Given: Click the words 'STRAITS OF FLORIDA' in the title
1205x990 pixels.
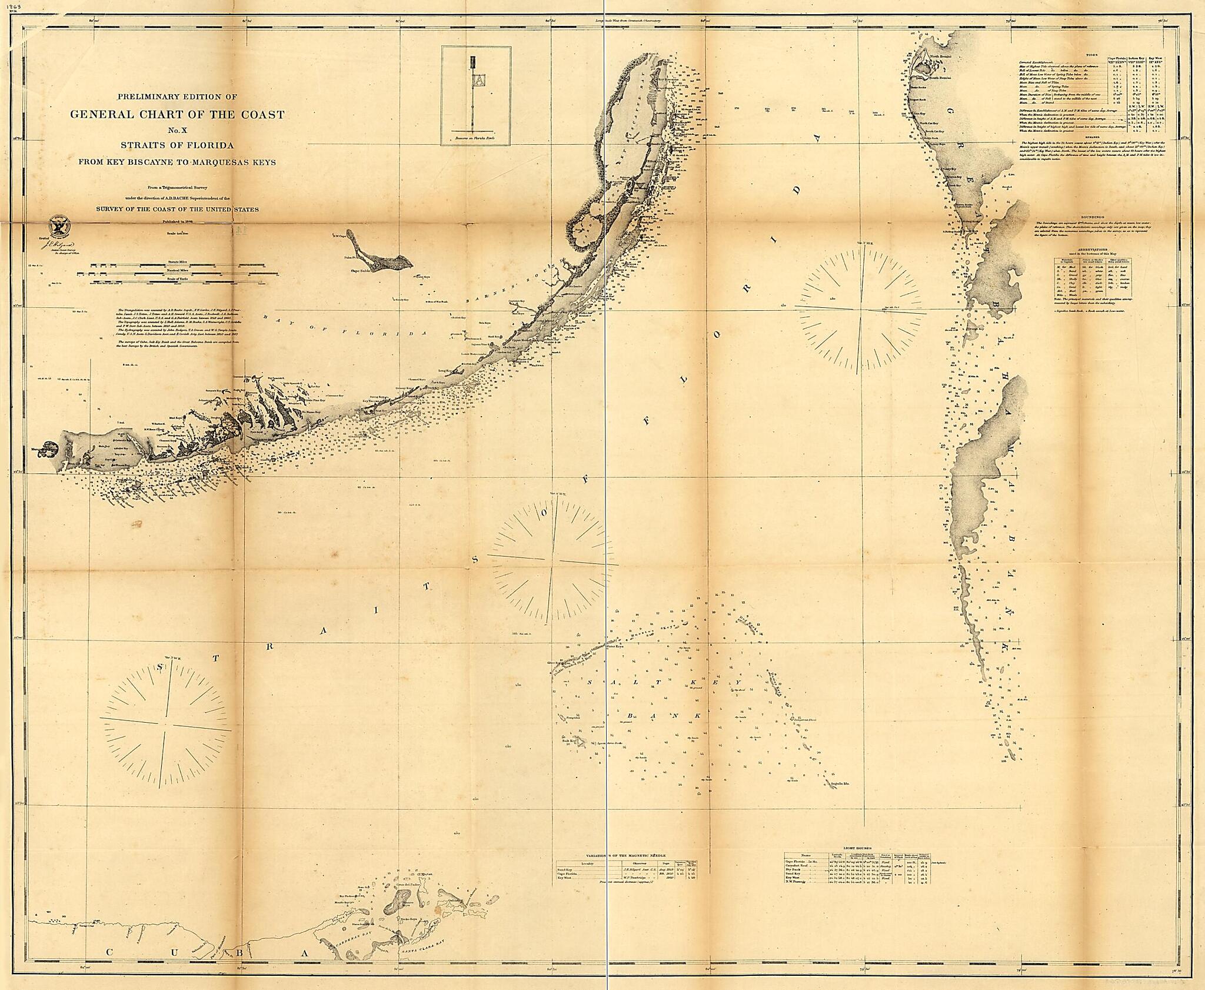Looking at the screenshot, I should pos(177,145).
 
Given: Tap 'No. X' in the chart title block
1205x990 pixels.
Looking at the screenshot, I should pos(177,130).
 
